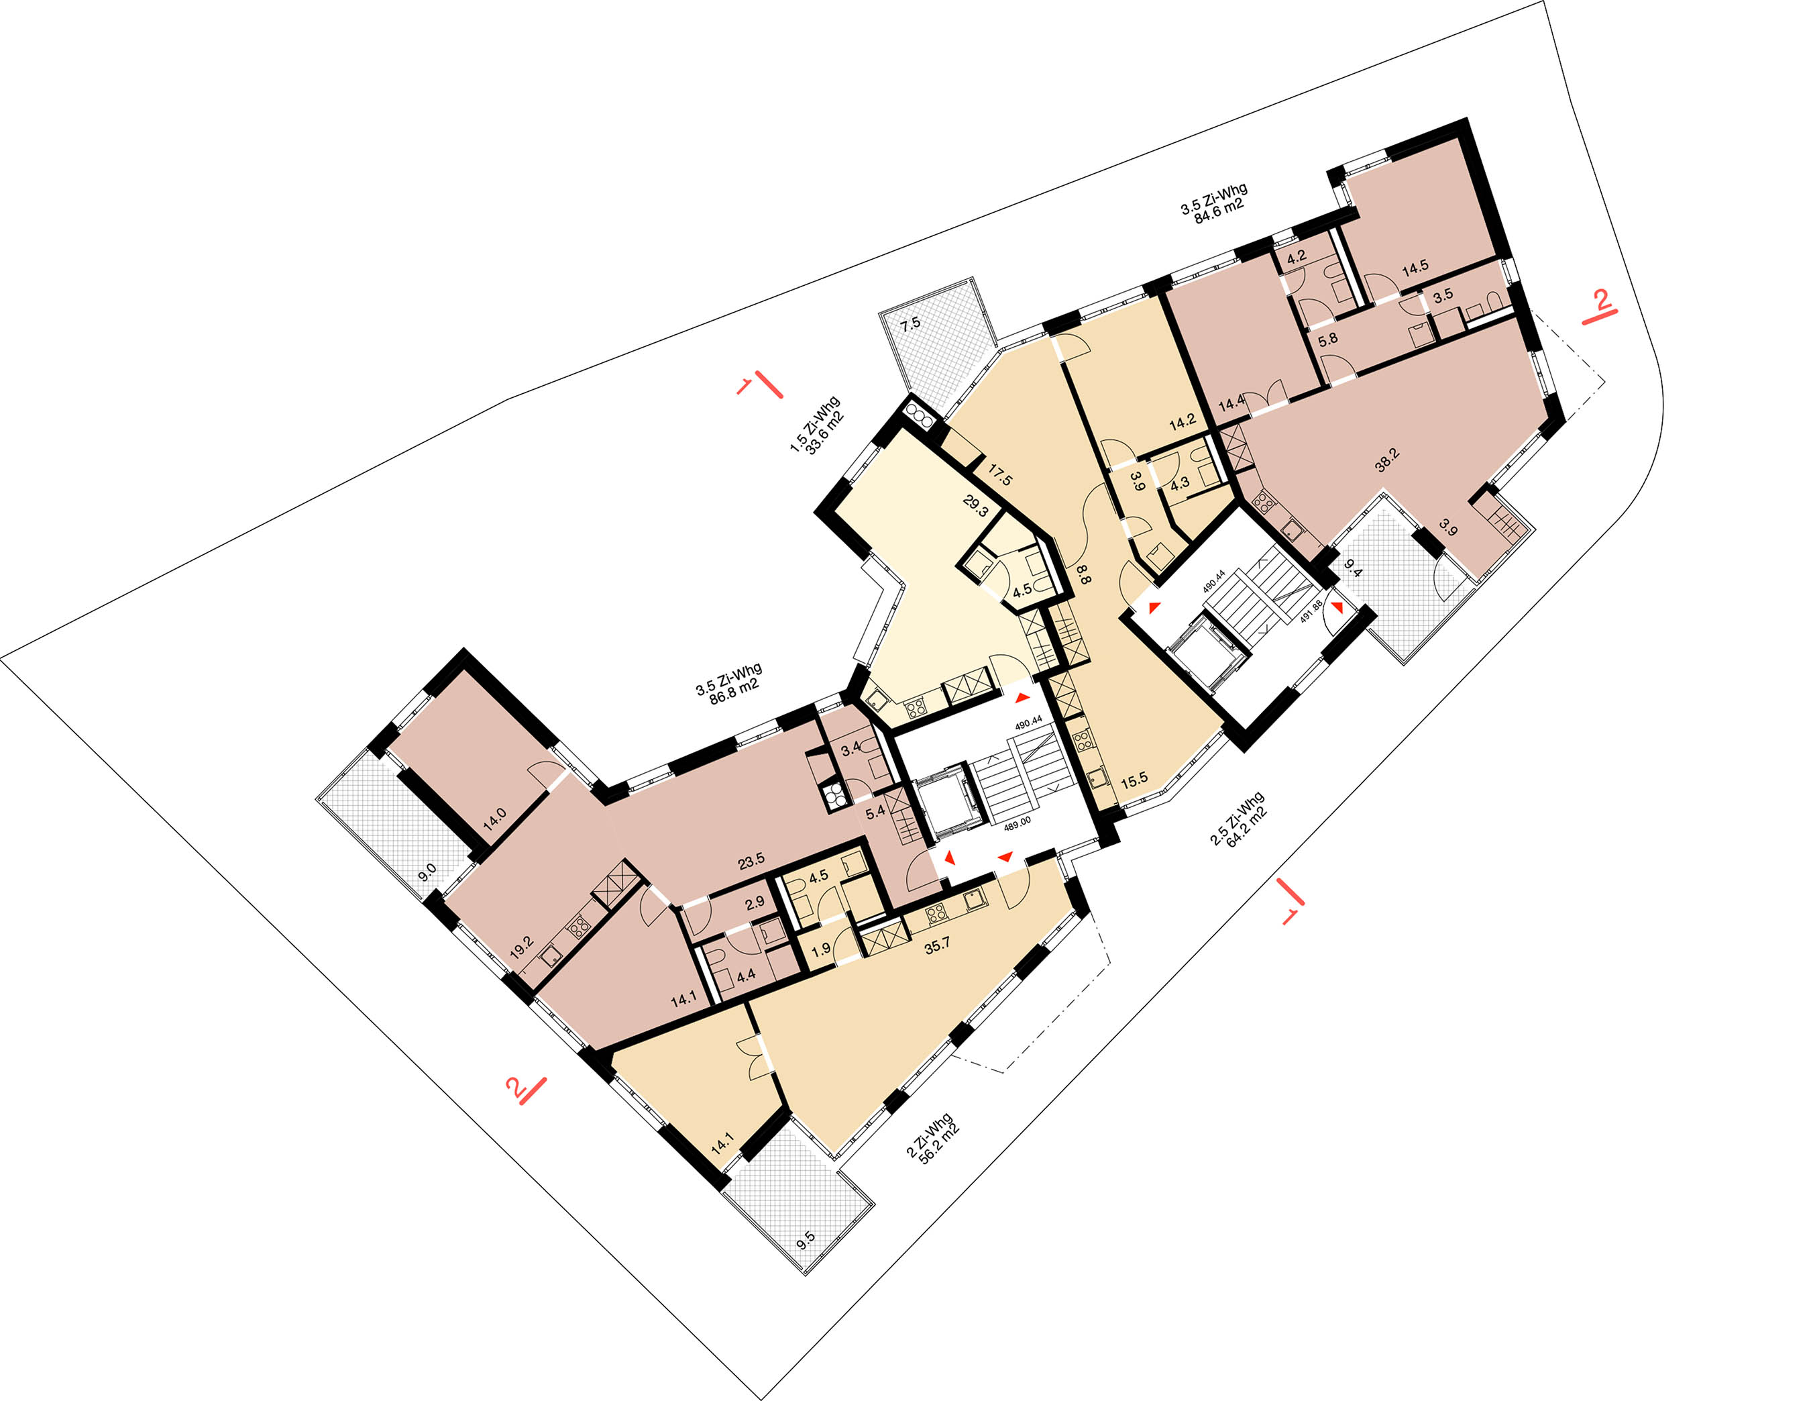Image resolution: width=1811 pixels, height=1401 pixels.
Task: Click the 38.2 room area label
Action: tap(1386, 460)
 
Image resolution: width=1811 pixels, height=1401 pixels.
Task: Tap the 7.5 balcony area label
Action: tap(910, 323)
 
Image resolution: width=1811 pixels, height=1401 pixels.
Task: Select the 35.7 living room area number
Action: tap(937, 944)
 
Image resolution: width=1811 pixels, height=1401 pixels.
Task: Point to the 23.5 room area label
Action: tap(751, 862)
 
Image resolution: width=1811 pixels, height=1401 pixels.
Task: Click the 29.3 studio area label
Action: tap(976, 506)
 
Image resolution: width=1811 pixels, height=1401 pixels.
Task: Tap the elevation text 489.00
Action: tap(1018, 822)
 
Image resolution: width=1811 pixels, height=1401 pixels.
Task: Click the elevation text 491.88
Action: tap(1311, 611)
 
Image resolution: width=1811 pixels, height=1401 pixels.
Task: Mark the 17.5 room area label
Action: tap(999, 475)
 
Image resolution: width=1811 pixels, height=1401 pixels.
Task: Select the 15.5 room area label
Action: tap(1134, 779)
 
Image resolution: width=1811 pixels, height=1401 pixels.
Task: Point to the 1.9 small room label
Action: tap(821, 949)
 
